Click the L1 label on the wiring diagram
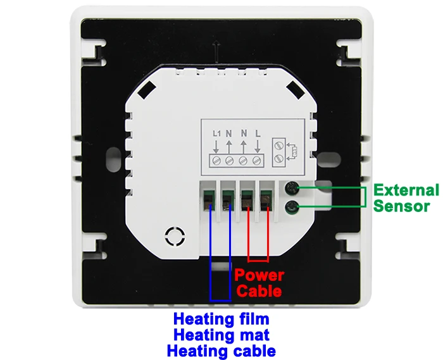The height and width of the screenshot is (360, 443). [x=216, y=133]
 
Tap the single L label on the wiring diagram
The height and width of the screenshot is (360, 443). [x=258, y=133]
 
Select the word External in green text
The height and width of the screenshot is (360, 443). [x=406, y=190]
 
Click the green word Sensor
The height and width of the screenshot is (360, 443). [x=401, y=206]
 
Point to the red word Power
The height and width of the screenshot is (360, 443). [x=259, y=275]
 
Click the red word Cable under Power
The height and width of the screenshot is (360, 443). [x=259, y=291]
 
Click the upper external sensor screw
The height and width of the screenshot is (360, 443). [x=292, y=188]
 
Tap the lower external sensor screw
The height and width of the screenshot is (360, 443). [x=292, y=208]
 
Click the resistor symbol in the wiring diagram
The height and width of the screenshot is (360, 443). [x=296, y=152]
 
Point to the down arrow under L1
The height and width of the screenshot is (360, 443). [x=216, y=146]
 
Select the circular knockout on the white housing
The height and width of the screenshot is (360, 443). [x=175, y=236]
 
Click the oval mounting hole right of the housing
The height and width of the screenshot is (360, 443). [x=328, y=159]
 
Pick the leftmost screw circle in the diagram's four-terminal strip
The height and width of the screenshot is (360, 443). [x=216, y=161]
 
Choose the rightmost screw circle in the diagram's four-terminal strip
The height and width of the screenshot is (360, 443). [x=257, y=161]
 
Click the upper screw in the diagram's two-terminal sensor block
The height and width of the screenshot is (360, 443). [x=279, y=146]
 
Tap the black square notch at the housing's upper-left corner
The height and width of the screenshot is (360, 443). [x=147, y=90]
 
